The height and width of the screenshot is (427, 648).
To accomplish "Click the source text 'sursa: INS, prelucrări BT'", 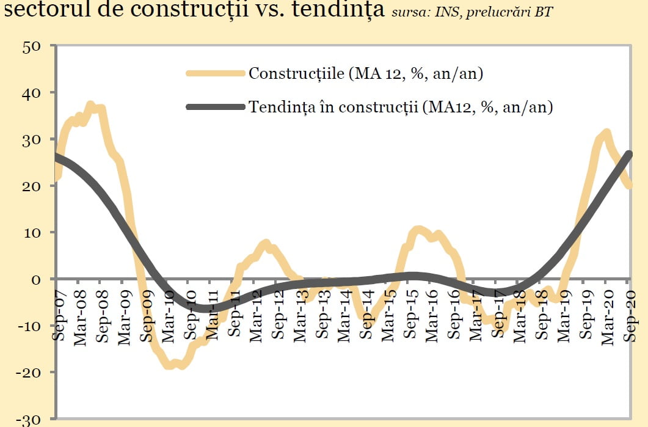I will click(471, 12).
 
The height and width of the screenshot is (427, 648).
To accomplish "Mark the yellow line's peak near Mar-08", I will click(90, 106).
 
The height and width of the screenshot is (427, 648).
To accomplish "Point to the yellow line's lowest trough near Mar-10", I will click(169, 365).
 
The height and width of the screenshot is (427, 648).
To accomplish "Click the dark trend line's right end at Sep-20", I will click(629, 153).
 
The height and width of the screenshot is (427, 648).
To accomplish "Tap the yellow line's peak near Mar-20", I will click(606, 132).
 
